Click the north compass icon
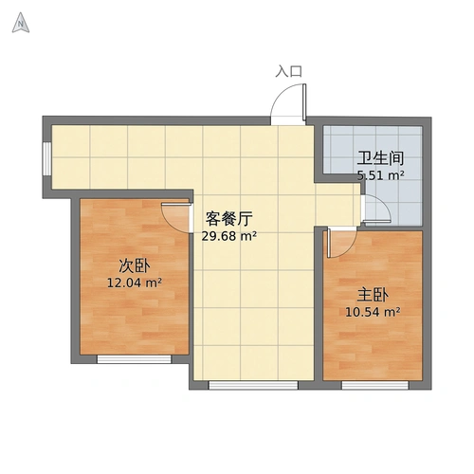[x=20, y=25]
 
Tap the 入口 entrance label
[x=288, y=71]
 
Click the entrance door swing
[x=290, y=103]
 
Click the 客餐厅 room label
[x=228, y=219]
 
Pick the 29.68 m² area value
[x=228, y=237]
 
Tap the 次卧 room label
[x=135, y=264]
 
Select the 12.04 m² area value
[x=135, y=282]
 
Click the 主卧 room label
[x=374, y=294]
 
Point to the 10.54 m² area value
[x=374, y=311]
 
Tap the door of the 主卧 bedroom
[x=337, y=243]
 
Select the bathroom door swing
[x=374, y=210]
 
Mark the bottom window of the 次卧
[x=133, y=357]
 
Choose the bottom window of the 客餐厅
[x=252, y=384]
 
